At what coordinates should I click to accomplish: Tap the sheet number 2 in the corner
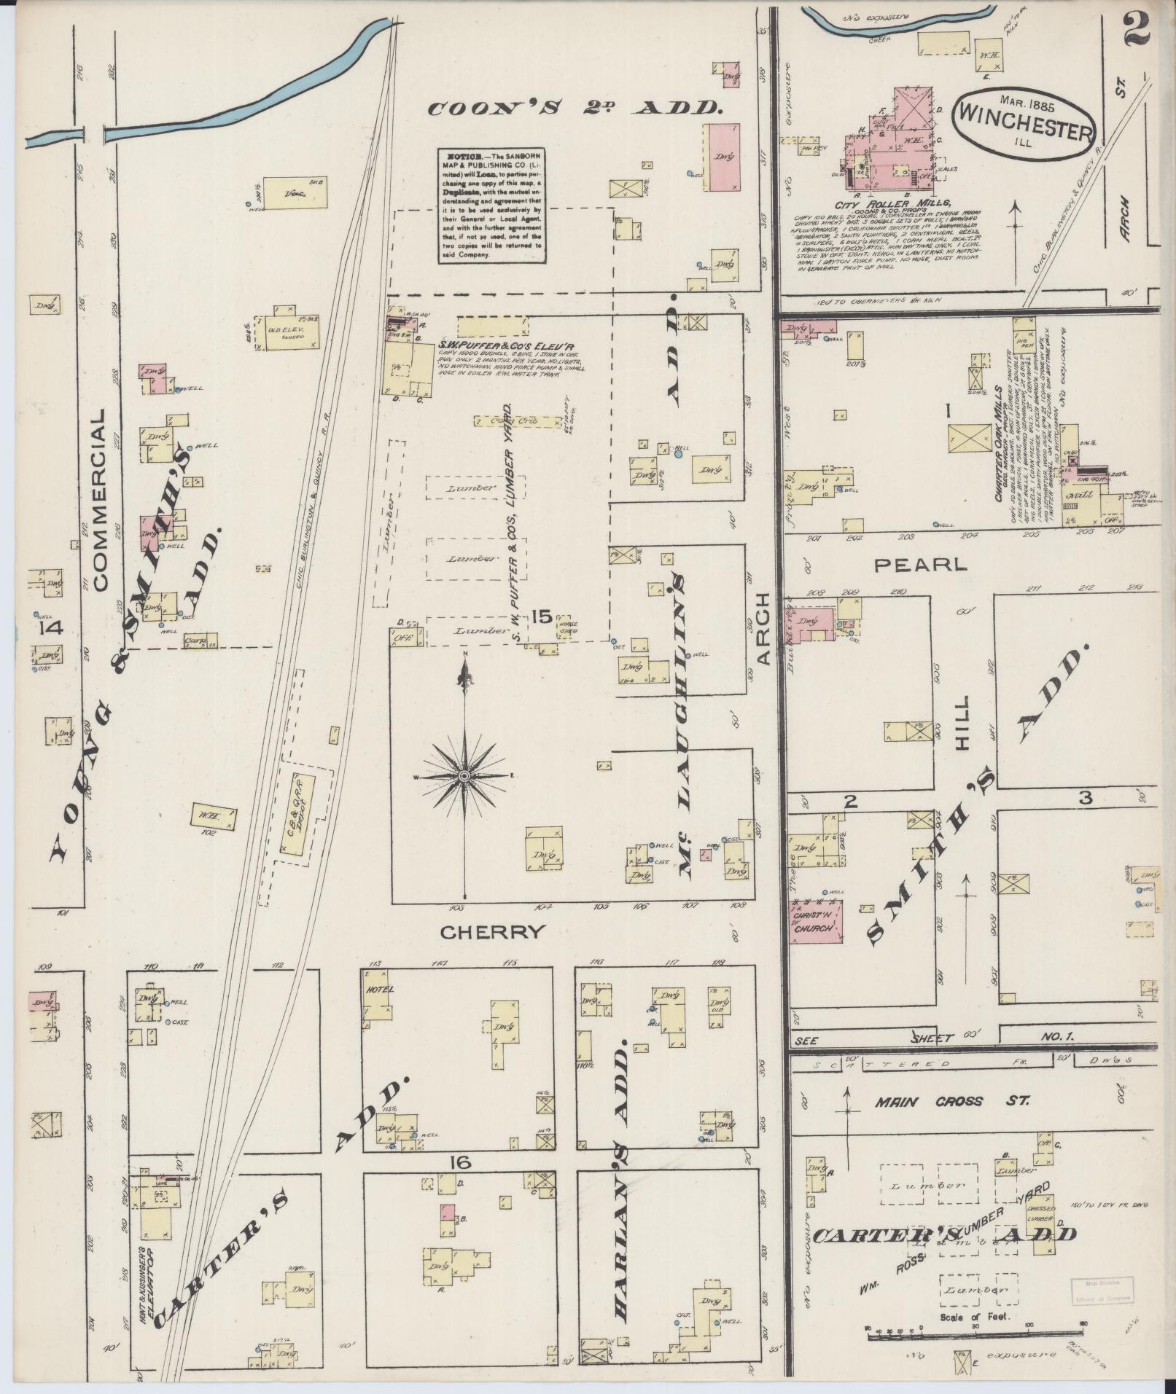click(1137, 29)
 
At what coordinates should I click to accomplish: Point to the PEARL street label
click(920, 563)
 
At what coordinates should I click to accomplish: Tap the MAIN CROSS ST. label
click(952, 1122)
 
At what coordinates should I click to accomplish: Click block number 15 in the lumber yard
click(541, 617)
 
